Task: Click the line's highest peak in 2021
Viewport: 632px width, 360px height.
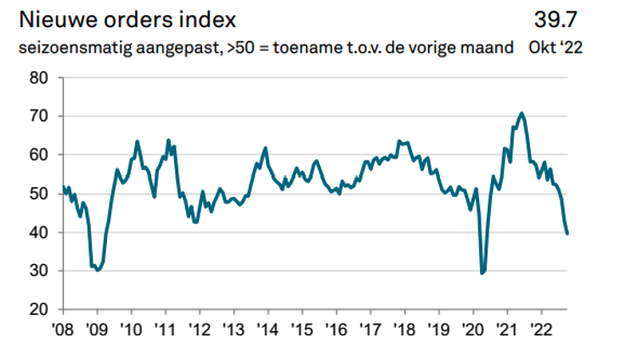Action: [x=522, y=113]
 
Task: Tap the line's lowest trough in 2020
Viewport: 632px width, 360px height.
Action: [x=482, y=273]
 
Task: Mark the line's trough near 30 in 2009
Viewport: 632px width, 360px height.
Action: [x=98, y=270]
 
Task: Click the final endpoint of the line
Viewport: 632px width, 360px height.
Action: [x=567, y=233]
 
